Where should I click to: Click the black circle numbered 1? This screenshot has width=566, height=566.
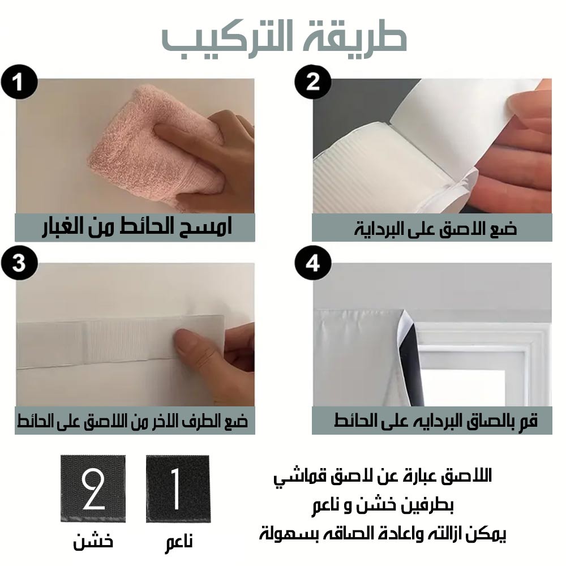click(x=19, y=82)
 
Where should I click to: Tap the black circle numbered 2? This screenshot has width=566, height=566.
click(x=312, y=82)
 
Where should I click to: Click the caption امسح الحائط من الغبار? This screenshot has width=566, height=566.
click(x=137, y=228)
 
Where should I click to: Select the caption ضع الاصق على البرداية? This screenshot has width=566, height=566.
click(x=435, y=229)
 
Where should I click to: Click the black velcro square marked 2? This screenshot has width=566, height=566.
click(x=93, y=489)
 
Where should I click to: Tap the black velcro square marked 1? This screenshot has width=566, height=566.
click(x=178, y=489)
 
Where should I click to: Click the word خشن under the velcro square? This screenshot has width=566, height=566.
click(x=93, y=541)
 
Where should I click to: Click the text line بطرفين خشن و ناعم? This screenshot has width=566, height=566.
click(x=383, y=505)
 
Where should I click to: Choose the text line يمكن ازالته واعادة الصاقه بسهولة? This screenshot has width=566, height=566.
click(x=383, y=534)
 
